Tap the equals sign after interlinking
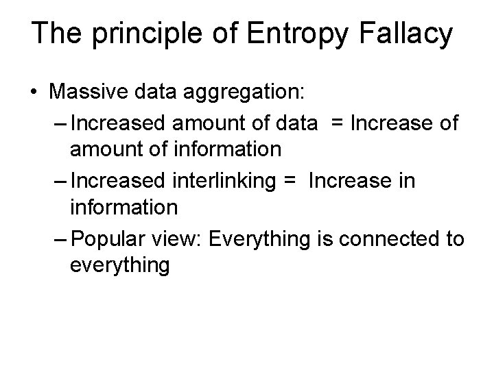click(x=288, y=180)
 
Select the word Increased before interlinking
click(x=113, y=180)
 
